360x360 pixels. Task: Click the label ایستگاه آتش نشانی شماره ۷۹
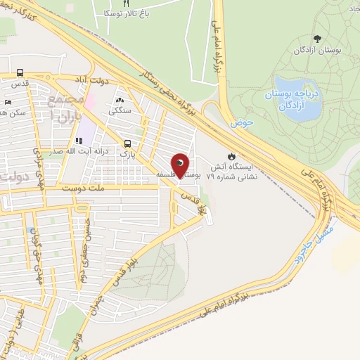231,173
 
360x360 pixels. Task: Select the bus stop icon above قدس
20,72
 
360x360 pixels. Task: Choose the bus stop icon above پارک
127,141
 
